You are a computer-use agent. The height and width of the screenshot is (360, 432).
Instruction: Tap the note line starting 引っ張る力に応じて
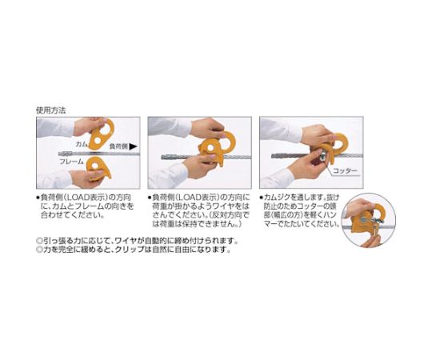coord(132,238)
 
